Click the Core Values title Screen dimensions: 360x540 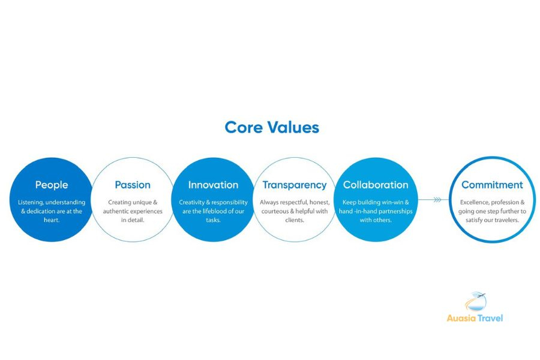tap(271, 127)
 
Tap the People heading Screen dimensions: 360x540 tap(52, 185)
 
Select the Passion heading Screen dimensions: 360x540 tap(133, 185)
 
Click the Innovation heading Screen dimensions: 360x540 tap(213, 185)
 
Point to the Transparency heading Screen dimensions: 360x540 tap(295, 185)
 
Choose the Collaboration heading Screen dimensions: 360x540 tap(376, 185)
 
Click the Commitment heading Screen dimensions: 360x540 tap(492, 185)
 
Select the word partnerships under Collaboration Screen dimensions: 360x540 tap(398, 211)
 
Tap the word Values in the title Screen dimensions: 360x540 tap(294, 127)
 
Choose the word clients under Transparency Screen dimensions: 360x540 tap(295, 220)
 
